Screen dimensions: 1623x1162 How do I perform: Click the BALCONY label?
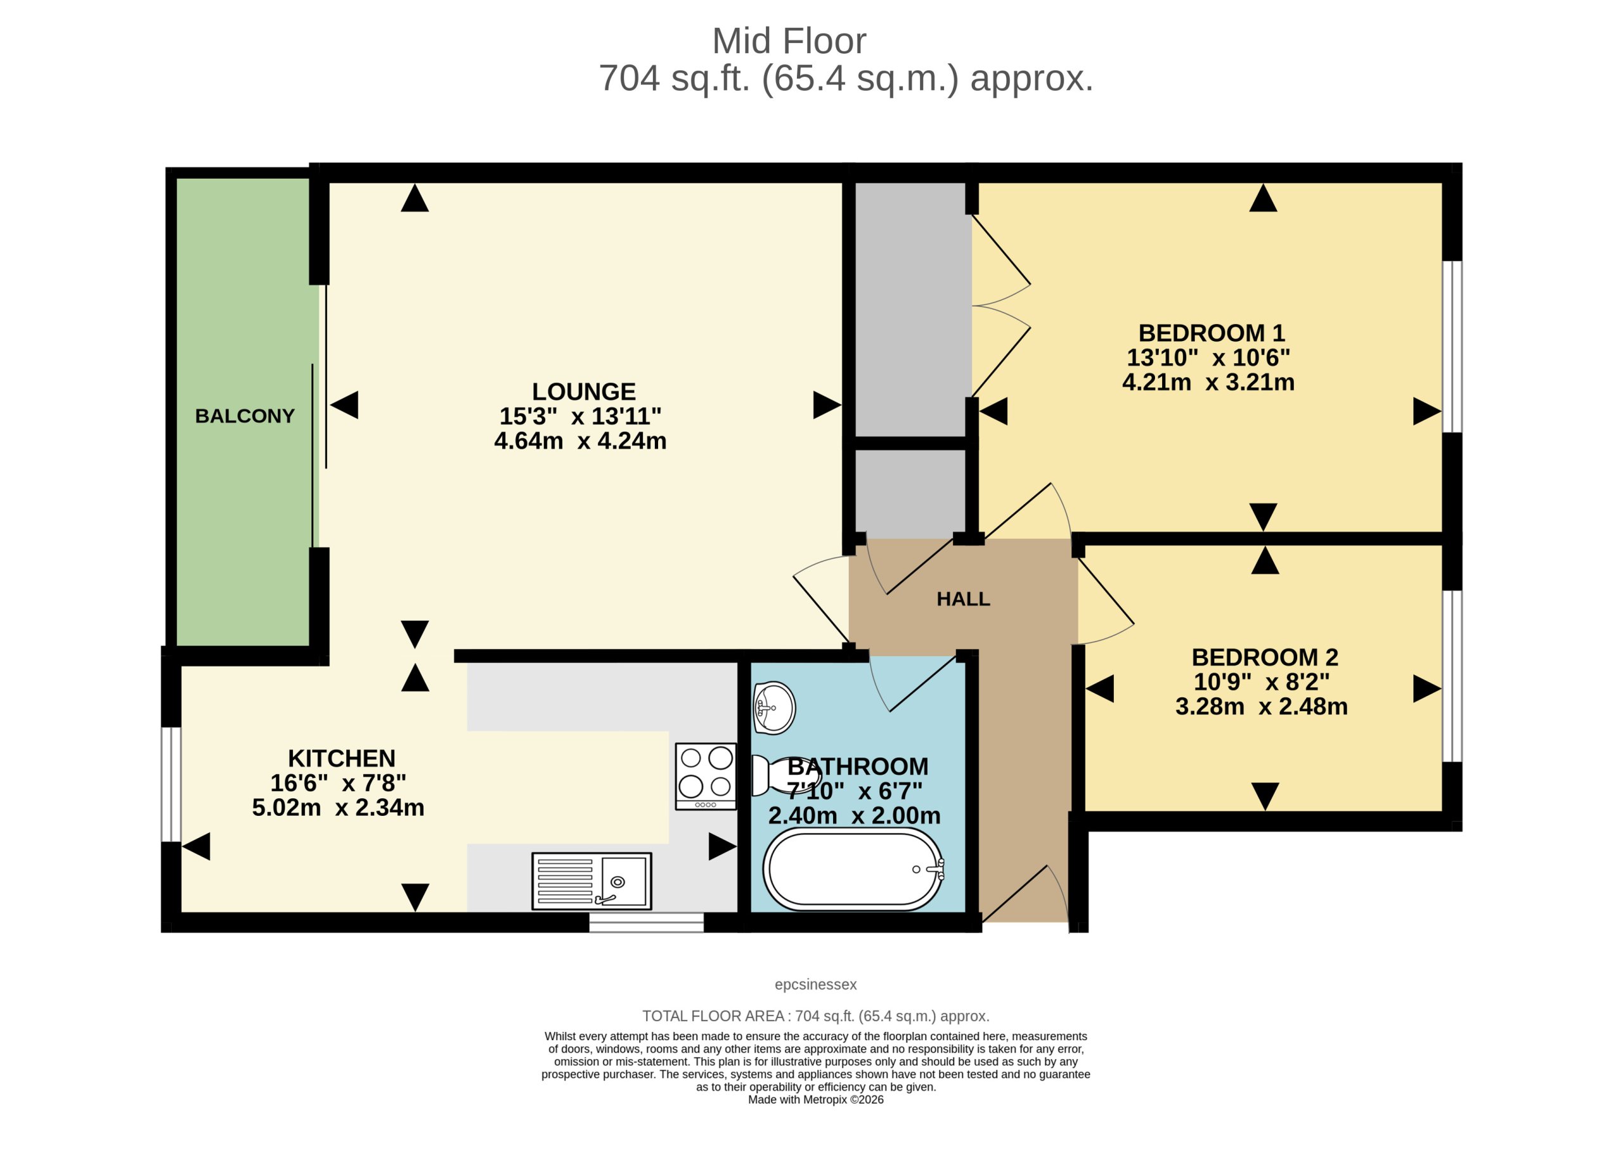tap(245, 416)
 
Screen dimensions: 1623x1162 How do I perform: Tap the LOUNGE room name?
tap(583, 392)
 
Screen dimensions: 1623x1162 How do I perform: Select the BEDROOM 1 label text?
tap(1212, 333)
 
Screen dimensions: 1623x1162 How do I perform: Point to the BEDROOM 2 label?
tap(1264, 657)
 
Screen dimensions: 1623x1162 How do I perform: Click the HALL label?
tap(963, 600)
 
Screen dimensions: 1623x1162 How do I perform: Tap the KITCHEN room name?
tap(341, 758)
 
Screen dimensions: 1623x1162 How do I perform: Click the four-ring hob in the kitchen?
tap(706, 777)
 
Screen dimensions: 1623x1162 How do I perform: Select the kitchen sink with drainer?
tap(592, 882)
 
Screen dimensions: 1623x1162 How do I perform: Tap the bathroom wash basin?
tap(774, 708)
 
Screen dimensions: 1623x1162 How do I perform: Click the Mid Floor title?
tap(789, 41)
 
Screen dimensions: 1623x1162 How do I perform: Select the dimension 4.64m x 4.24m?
tap(580, 441)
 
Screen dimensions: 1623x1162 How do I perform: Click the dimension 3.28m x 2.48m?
tap(1262, 707)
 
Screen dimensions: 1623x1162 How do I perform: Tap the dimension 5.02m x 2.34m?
tap(338, 808)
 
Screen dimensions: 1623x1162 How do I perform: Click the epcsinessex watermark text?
tap(816, 985)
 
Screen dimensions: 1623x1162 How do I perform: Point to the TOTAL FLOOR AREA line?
tap(816, 1017)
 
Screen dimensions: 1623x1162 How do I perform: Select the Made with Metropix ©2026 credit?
tap(816, 1101)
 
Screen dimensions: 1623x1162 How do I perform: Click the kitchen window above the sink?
tap(647, 923)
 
